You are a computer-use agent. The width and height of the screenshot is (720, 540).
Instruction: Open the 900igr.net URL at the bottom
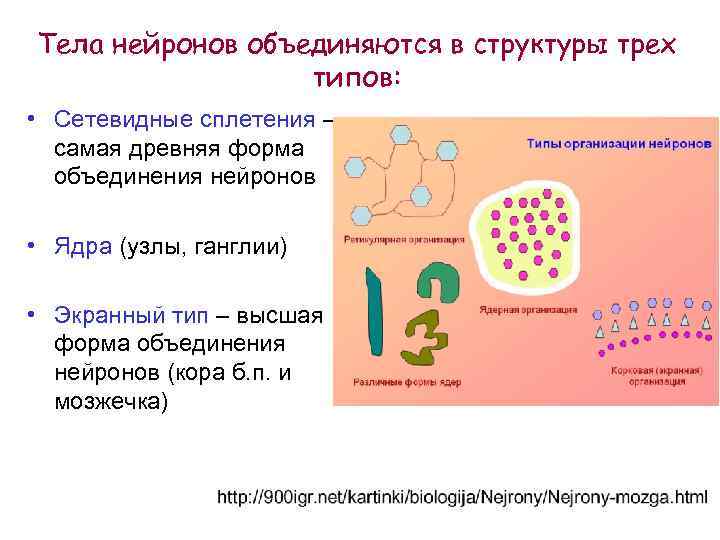[x=461, y=495]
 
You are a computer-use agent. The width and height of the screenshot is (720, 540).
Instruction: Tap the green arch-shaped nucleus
[x=437, y=281]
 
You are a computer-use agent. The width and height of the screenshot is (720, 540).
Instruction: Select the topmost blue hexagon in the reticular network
[x=402, y=133]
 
